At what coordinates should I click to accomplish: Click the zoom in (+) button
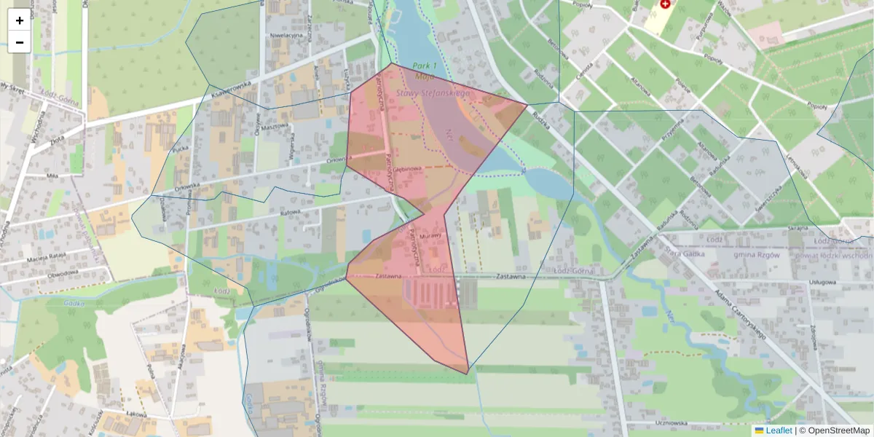(20, 20)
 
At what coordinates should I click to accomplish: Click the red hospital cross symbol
(664, 4)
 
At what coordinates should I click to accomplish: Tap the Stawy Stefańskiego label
(433, 93)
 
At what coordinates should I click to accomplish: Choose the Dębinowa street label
(409, 169)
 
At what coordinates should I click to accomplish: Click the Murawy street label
(430, 236)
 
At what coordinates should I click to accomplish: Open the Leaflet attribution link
(779, 430)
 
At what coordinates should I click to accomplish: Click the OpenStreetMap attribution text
(838, 430)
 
